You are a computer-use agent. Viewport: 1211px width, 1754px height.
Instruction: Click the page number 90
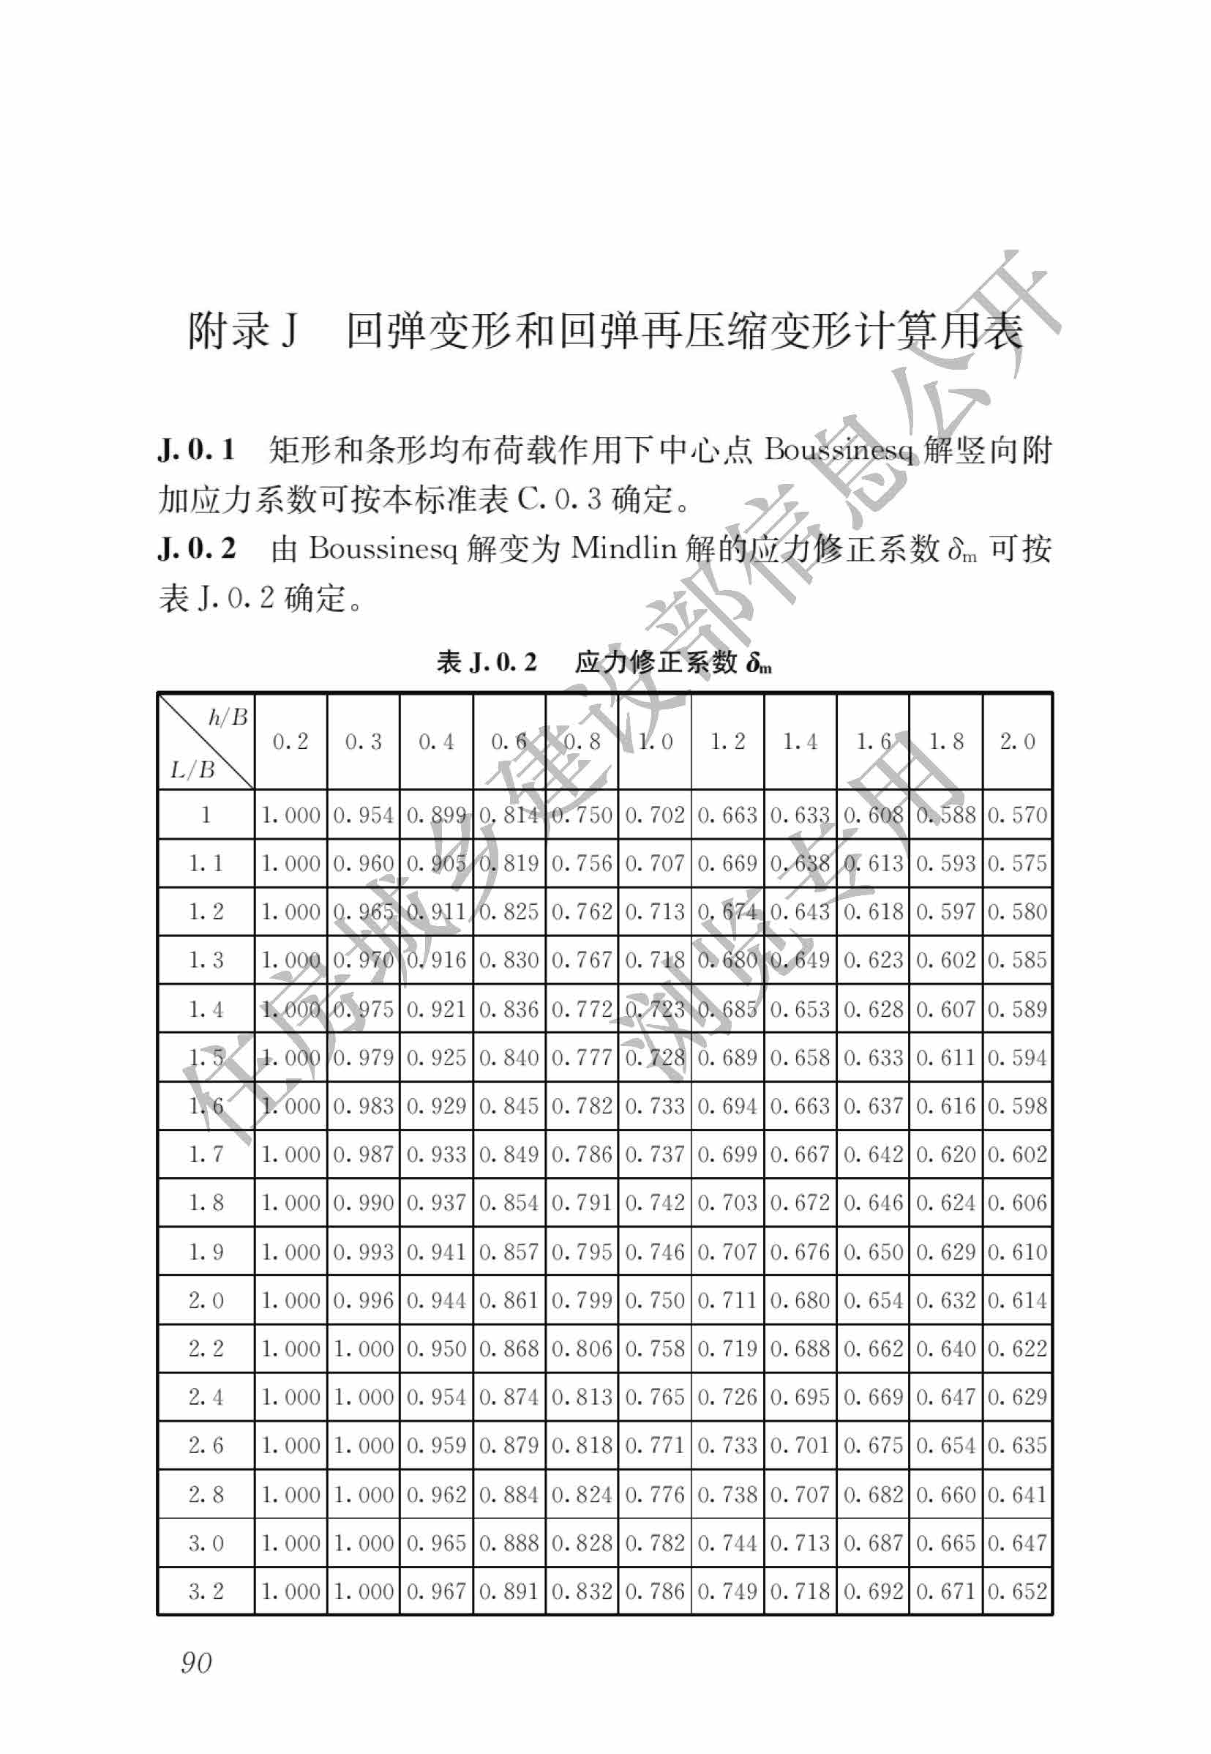click(x=197, y=1662)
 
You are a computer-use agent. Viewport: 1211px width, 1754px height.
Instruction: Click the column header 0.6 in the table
click(x=509, y=742)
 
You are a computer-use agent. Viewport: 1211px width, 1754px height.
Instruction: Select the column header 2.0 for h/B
click(x=1018, y=742)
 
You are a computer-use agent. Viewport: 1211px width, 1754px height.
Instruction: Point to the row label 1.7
click(x=206, y=1154)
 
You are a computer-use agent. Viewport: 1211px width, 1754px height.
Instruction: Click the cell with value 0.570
click(x=1018, y=816)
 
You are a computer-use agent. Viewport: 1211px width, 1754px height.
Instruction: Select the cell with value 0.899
click(x=436, y=816)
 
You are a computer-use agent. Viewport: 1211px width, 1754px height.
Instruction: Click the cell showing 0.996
click(x=364, y=1300)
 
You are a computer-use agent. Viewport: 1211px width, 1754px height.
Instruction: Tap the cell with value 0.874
click(x=509, y=1397)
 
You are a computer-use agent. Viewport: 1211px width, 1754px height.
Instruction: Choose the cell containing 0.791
click(x=582, y=1203)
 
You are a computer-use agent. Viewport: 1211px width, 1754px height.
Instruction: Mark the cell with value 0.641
click(x=1018, y=1494)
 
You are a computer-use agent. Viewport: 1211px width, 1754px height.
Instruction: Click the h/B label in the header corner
click(x=228, y=717)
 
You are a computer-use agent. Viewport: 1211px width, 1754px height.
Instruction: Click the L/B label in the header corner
click(x=192, y=769)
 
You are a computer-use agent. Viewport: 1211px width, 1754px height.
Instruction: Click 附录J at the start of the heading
click(x=243, y=332)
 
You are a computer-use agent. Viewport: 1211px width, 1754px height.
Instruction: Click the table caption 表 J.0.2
click(x=487, y=663)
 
